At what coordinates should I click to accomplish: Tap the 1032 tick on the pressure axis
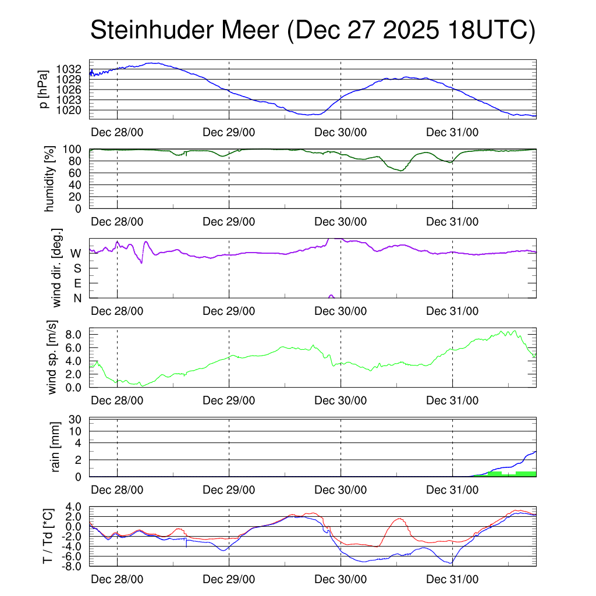click(x=73, y=69)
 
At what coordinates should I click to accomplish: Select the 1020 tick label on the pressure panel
click(x=73, y=109)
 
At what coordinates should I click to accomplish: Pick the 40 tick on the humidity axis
click(x=80, y=185)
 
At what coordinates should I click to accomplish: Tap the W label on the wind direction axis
click(x=76, y=253)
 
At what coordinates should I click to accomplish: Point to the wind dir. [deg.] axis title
click(x=56, y=268)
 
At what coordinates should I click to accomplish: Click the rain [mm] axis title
click(x=56, y=447)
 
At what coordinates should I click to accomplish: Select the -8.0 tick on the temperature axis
click(x=74, y=566)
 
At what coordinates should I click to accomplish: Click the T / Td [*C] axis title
click(x=49, y=535)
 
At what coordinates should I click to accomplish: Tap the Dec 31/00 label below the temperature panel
click(x=452, y=580)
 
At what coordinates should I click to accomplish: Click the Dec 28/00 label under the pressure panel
click(x=118, y=132)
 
